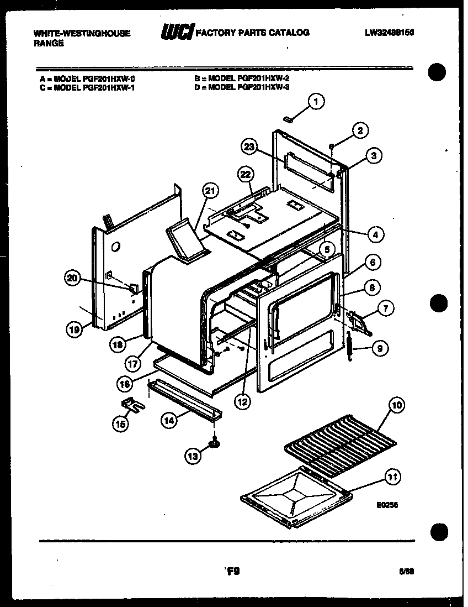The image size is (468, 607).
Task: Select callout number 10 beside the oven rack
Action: click(x=396, y=405)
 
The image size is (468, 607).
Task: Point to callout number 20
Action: click(x=72, y=279)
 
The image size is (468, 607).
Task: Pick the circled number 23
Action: click(x=250, y=147)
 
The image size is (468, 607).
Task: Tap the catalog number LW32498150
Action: click(x=389, y=33)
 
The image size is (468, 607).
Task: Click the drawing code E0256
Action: click(x=387, y=504)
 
